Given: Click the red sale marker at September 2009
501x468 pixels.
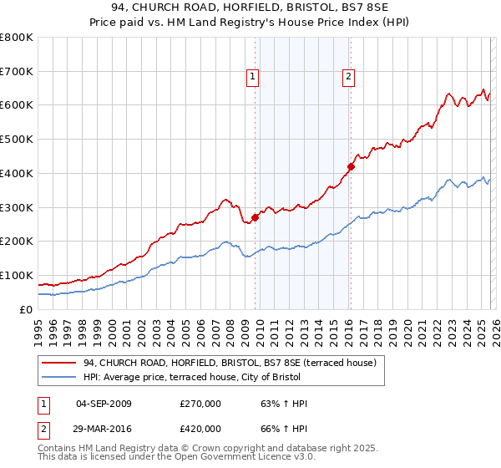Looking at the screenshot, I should point(255,217).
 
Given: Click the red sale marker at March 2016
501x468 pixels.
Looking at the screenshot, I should point(352,166).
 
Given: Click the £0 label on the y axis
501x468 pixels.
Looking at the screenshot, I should point(27,309).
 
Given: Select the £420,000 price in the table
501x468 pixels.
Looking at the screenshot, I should point(200,427).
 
